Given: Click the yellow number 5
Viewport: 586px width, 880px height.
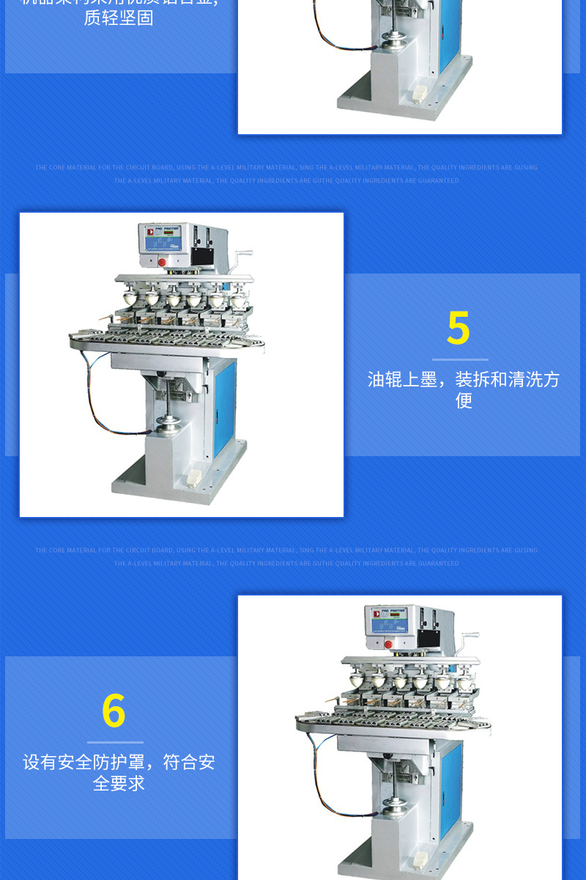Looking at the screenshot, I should [459, 329].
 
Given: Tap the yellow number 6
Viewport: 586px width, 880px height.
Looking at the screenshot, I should [114, 711].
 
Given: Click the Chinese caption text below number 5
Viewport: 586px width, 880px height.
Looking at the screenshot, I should [463, 389].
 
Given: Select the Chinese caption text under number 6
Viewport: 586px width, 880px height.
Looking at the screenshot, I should [119, 772].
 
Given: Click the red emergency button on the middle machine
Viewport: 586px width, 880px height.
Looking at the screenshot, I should [162, 262].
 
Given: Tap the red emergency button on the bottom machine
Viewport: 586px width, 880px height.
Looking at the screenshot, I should [388, 644].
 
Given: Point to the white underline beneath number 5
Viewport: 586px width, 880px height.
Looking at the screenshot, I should [460, 359].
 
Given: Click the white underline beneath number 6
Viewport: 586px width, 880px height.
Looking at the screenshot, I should [115, 742].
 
